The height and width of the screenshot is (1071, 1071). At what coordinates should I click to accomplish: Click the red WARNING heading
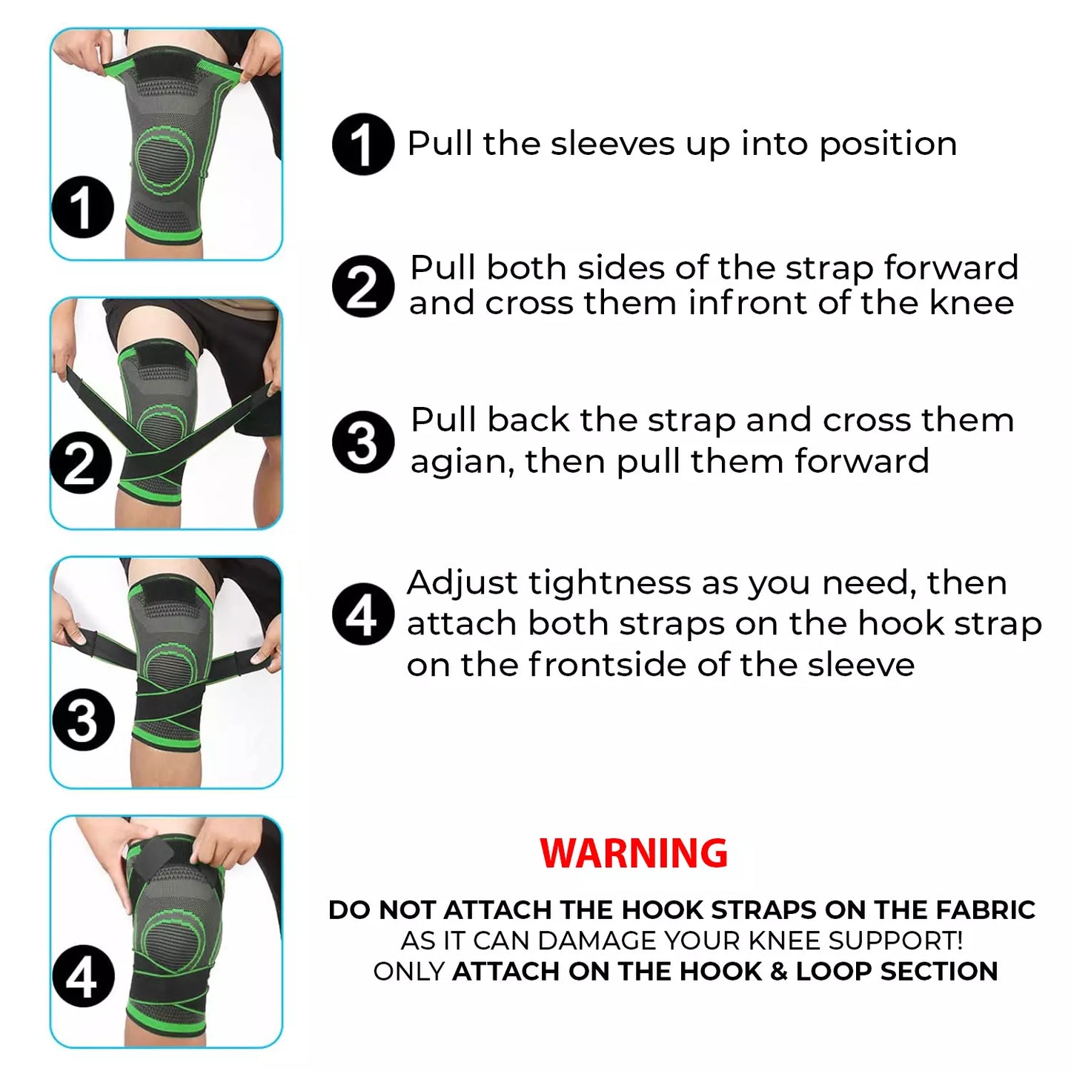point(633,853)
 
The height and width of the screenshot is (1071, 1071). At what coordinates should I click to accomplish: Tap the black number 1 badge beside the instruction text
point(363,145)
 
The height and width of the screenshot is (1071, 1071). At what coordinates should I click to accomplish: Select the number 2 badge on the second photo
point(81,463)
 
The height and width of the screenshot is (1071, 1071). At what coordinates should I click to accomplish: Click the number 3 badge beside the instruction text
point(363,442)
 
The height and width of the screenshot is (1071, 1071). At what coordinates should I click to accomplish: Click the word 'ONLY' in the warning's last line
point(409,972)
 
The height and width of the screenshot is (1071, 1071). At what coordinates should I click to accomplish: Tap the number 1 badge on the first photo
point(83,208)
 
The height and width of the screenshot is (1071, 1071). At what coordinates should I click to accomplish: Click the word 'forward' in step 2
point(951,268)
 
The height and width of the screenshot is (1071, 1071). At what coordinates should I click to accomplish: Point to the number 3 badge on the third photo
point(83,720)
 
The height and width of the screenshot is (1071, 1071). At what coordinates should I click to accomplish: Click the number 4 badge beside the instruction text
point(363,614)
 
